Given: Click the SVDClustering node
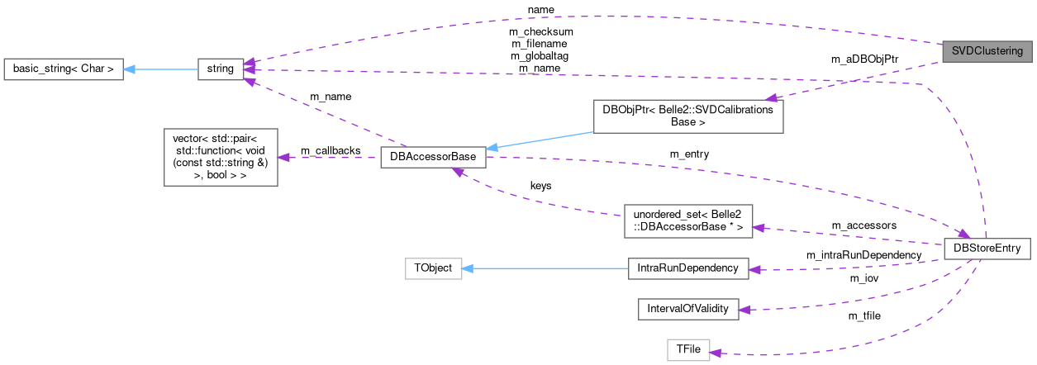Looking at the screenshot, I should pos(986,51).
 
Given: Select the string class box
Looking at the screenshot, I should pos(221,69).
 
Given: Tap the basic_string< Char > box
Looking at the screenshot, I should pos(64,69).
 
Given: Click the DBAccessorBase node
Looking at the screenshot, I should pos(432,158).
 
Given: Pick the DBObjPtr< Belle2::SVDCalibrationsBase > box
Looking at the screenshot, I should pos(687,116).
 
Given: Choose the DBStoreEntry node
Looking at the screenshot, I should pos(987,248).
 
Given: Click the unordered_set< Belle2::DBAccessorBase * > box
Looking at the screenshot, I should pos(687,220).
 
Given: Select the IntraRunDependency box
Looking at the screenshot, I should pos(687,268).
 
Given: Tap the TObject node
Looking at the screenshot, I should pos(433,268).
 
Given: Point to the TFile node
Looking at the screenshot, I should pos(688,350).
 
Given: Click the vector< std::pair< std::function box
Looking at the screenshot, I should pos(221,157).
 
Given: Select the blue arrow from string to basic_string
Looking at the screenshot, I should pos(161,69).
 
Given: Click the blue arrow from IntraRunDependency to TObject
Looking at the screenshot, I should pos(545,268).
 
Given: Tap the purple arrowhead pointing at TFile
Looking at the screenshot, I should pos(716,353).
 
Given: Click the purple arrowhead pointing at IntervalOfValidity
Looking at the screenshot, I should pos(743,310).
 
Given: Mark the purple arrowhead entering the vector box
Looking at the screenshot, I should pos(283,157).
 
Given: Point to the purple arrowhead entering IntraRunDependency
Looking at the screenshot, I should pos(754,269).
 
